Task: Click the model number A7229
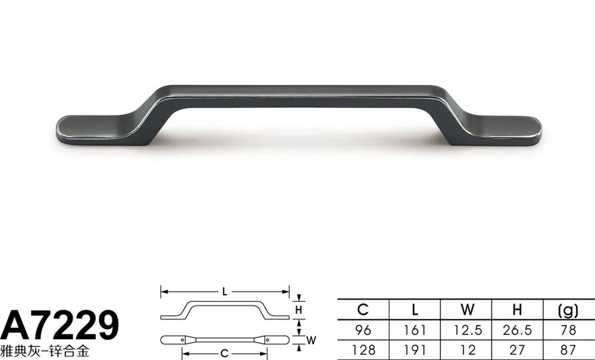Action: click(x=60, y=325)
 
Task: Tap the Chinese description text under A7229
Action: click(x=45, y=351)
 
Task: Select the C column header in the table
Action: click(x=363, y=310)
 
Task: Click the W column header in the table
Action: click(x=468, y=310)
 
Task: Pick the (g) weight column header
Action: click(x=568, y=311)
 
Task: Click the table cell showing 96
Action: click(x=363, y=330)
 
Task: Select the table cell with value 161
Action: click(x=415, y=330)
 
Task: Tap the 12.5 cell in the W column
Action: click(x=468, y=330)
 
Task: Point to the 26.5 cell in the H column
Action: click(x=518, y=330)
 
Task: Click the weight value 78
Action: click(x=568, y=330)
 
